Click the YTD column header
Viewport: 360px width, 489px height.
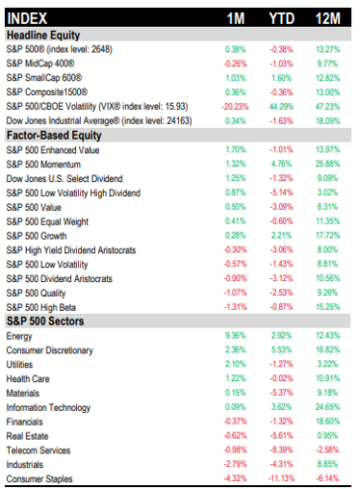click(x=281, y=18)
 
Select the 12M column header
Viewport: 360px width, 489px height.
click(x=327, y=18)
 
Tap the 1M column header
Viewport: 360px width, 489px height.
click(x=236, y=18)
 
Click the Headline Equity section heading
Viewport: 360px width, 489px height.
click(x=43, y=36)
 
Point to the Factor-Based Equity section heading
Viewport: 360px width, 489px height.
click(x=54, y=136)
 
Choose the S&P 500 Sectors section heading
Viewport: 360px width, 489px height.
click(x=45, y=322)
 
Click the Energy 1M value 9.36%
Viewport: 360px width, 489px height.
click(x=235, y=336)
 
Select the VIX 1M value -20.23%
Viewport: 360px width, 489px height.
click(x=235, y=107)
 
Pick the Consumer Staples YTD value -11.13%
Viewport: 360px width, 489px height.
click(x=281, y=478)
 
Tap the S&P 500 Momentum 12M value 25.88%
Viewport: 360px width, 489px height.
click(x=327, y=164)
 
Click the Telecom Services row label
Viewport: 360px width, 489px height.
click(x=39, y=450)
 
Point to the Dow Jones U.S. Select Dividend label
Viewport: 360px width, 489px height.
click(x=64, y=178)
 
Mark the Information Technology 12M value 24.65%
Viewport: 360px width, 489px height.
click(x=327, y=407)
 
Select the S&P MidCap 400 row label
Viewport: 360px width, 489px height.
click(x=40, y=64)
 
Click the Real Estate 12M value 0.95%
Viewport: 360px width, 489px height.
click(x=327, y=436)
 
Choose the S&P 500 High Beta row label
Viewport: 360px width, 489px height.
click(x=41, y=307)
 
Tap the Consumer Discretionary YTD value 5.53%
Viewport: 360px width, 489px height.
click(x=281, y=349)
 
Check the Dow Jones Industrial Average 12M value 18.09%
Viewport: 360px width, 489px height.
click(x=327, y=121)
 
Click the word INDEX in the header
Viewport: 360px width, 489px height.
click(x=27, y=18)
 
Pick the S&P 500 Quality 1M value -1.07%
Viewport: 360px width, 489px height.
click(x=235, y=293)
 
